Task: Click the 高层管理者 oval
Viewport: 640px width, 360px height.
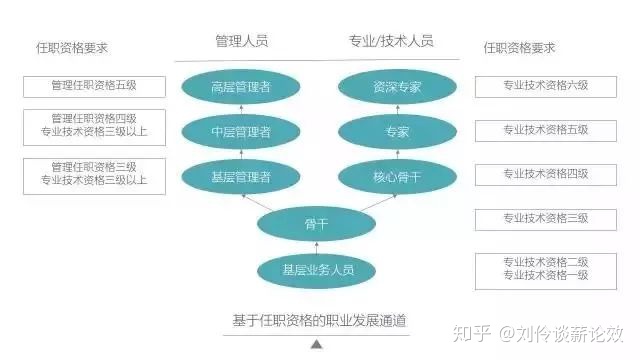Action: tap(241, 86)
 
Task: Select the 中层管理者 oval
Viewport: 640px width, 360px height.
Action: tap(241, 131)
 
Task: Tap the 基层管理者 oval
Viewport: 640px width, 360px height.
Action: tap(241, 176)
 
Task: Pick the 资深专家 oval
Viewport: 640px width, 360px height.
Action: tap(397, 86)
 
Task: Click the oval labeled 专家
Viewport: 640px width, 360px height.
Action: tap(397, 131)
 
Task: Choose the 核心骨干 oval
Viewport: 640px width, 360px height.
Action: tap(397, 176)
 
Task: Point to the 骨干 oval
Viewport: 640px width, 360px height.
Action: tap(317, 223)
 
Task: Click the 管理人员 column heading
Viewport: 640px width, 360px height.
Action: tap(242, 41)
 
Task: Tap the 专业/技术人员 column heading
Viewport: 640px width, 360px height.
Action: tap(390, 41)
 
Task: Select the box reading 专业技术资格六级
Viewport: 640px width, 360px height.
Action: tap(545, 85)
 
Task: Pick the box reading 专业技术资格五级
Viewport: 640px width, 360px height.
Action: tap(545, 129)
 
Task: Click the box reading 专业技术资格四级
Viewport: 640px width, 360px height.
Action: tap(545, 174)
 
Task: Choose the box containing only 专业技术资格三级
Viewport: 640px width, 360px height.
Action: tap(545, 218)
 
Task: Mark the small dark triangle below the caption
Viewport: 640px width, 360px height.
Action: tap(317, 344)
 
